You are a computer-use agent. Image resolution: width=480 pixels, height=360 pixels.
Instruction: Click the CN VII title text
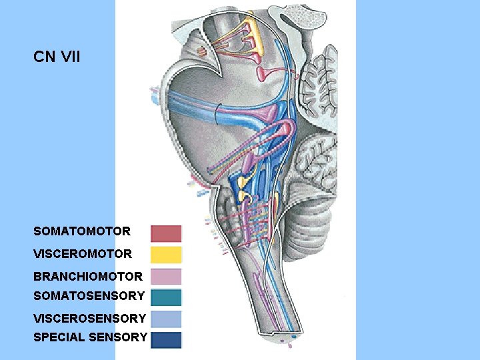(57, 57)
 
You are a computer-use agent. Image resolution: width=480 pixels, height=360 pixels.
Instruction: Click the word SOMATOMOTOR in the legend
(82, 231)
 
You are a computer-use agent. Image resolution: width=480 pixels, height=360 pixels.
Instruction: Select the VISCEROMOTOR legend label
(83, 254)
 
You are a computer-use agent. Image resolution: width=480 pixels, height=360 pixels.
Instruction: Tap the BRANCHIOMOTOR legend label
(88, 277)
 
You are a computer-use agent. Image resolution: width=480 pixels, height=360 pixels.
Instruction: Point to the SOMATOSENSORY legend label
(89, 295)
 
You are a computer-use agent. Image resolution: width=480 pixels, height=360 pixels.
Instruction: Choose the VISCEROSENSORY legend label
(89, 319)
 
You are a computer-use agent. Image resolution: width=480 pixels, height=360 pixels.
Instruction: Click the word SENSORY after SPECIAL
(120, 337)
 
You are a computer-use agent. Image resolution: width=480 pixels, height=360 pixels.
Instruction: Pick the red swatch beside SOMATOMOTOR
(166, 233)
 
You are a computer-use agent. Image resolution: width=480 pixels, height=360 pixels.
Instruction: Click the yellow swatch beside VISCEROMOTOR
(166, 254)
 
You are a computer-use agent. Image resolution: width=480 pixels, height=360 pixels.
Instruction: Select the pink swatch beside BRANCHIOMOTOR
(166, 276)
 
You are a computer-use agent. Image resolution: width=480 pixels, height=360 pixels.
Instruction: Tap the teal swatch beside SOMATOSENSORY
(166, 297)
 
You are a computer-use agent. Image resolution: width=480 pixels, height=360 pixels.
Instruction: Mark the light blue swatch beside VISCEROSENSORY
(166, 319)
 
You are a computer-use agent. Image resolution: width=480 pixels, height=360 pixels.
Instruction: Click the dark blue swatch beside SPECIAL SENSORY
(166, 339)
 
